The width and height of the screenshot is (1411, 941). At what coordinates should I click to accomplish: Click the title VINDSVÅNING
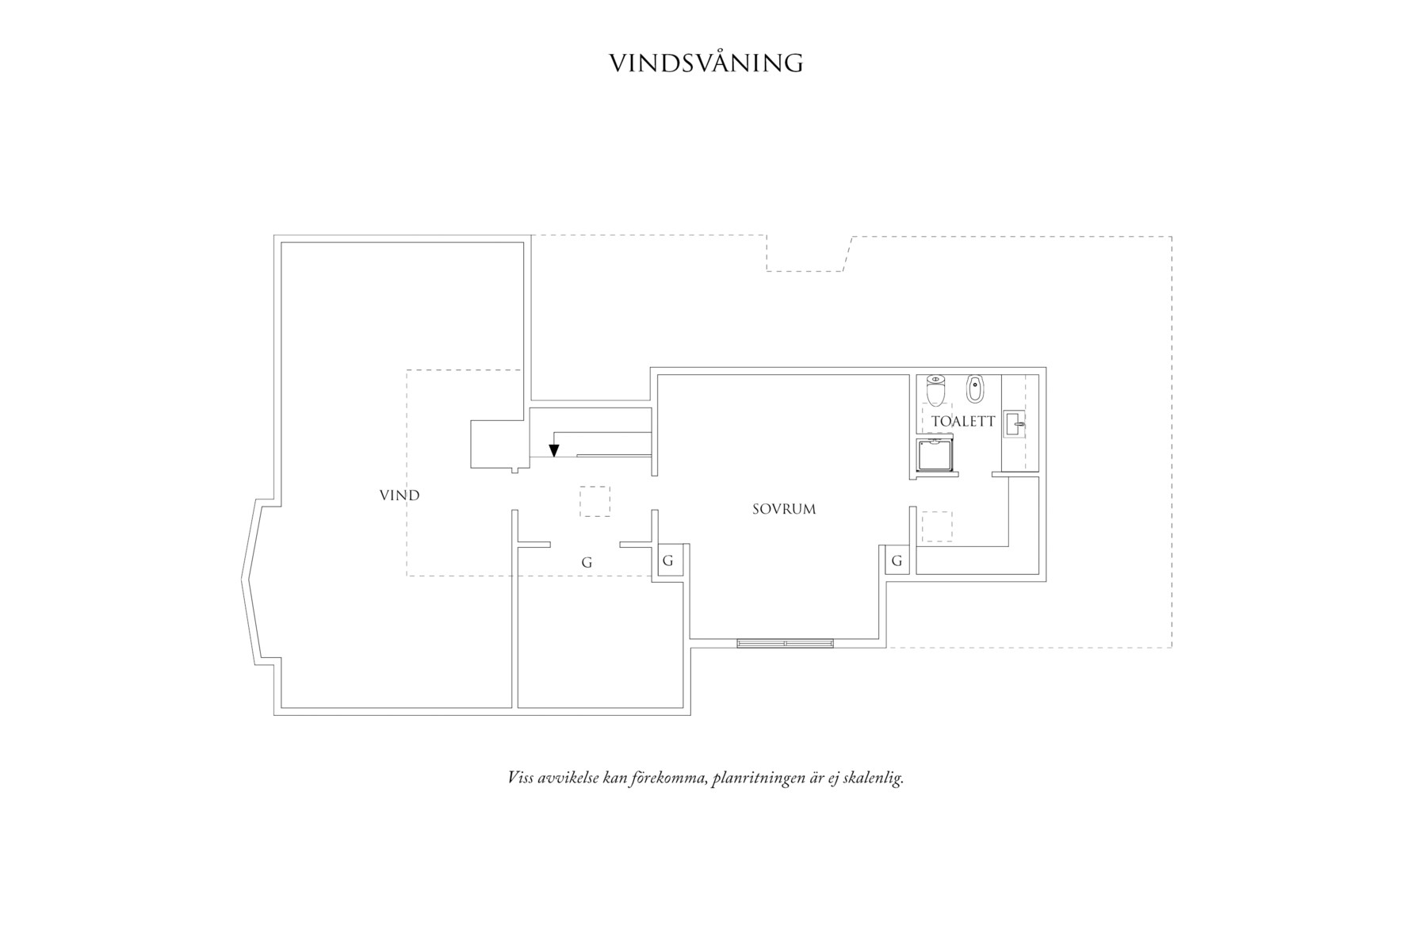tap(705, 63)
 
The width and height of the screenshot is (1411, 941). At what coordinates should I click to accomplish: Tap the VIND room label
tap(400, 495)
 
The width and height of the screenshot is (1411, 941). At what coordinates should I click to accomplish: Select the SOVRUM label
tap(784, 509)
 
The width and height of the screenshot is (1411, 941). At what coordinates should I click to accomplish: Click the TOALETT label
tap(963, 421)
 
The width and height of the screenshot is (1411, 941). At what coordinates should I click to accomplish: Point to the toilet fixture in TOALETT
tap(936, 389)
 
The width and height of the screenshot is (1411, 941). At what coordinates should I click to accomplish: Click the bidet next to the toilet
tap(974, 388)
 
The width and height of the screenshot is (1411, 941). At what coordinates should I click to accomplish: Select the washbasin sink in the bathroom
tap(1015, 424)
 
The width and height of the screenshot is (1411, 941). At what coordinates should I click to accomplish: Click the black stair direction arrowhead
tap(554, 450)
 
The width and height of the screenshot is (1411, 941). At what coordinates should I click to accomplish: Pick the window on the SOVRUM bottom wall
tap(785, 643)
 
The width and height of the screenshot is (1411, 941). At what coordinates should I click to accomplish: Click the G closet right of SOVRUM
tap(897, 560)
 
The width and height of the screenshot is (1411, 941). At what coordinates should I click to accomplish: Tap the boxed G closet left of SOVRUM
tap(667, 560)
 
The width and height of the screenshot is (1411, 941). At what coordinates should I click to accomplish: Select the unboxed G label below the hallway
tap(587, 562)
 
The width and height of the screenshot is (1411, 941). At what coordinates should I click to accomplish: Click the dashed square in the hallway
tap(595, 501)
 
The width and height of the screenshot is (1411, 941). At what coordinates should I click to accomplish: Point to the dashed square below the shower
tap(936, 526)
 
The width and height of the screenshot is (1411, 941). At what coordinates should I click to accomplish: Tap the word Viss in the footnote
tap(520, 778)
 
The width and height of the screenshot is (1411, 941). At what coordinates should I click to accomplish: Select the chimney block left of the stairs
tap(496, 444)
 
